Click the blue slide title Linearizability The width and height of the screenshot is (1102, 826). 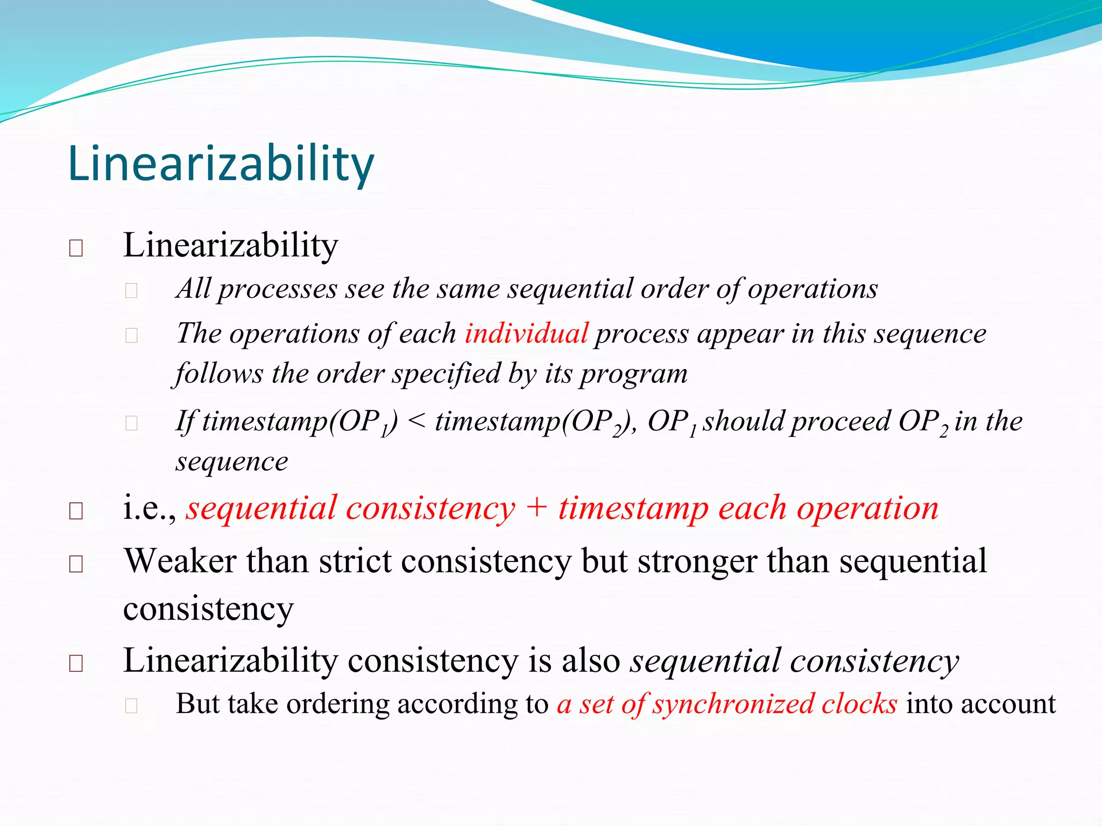(x=221, y=164)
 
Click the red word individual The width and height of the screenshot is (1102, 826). (x=526, y=333)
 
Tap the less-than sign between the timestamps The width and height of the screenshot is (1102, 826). (x=417, y=421)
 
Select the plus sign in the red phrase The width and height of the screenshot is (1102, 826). (x=536, y=508)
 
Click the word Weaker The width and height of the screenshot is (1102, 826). (x=180, y=561)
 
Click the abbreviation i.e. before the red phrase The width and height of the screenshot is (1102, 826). (x=149, y=508)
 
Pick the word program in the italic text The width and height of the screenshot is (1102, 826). (x=633, y=374)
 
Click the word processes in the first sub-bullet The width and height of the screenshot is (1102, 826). (x=278, y=289)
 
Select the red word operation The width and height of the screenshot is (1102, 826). (x=867, y=508)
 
